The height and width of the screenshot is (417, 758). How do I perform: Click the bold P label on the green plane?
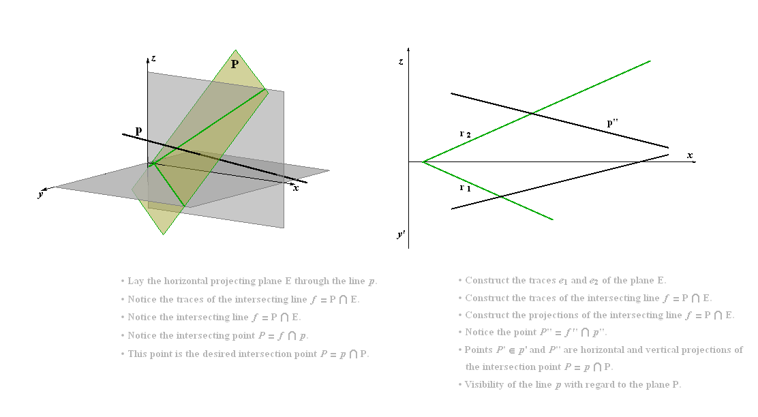[x=234, y=64]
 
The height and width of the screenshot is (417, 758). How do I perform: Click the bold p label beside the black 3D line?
[x=139, y=130]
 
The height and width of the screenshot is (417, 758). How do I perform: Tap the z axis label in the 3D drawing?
[x=153, y=58]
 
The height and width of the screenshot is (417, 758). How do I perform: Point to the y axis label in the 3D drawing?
[x=41, y=194]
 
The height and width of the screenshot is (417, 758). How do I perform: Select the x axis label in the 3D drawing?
[x=296, y=188]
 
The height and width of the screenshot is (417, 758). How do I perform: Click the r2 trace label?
[x=465, y=134]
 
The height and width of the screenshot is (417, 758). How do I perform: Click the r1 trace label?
[x=465, y=187]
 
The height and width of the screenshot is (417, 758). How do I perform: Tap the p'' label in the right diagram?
[x=613, y=123]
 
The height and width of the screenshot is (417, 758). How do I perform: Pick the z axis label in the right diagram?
[x=401, y=61]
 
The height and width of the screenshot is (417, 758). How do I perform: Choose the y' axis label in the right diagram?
[x=401, y=235]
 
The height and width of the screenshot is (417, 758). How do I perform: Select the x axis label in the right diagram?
[x=690, y=155]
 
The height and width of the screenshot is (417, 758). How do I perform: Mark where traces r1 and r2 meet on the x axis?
[x=423, y=162]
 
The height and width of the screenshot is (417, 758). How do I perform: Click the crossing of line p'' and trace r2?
[x=532, y=114]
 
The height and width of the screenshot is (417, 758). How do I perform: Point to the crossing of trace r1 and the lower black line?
[x=501, y=197]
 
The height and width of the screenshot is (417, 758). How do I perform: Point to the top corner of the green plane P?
[x=235, y=50]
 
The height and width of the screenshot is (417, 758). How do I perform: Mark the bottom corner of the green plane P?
[x=164, y=235]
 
